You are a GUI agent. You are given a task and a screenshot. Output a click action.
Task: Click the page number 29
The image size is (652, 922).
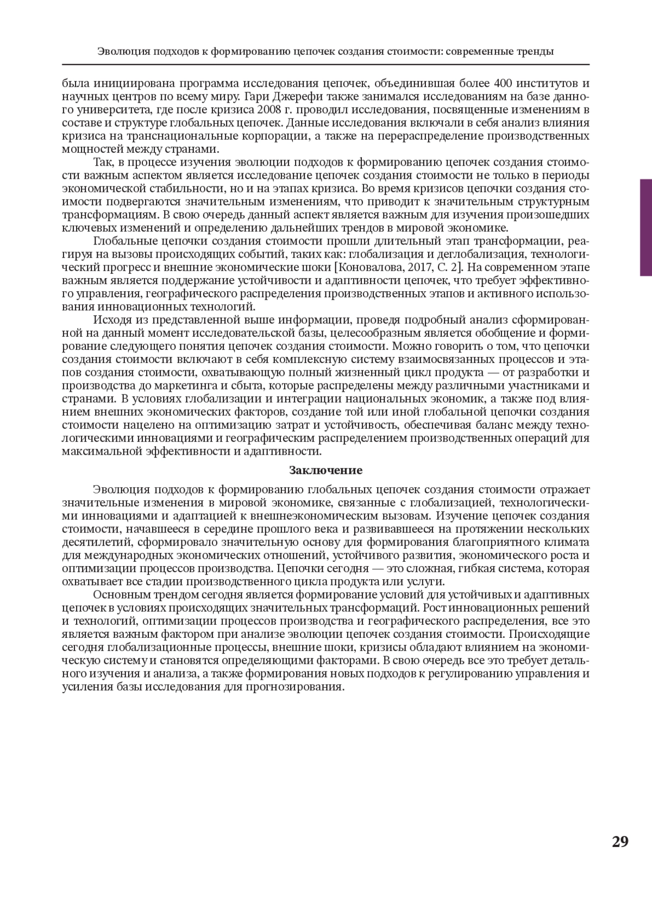tap(620, 842)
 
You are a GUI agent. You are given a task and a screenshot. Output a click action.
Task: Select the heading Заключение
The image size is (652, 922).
tap(325, 470)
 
